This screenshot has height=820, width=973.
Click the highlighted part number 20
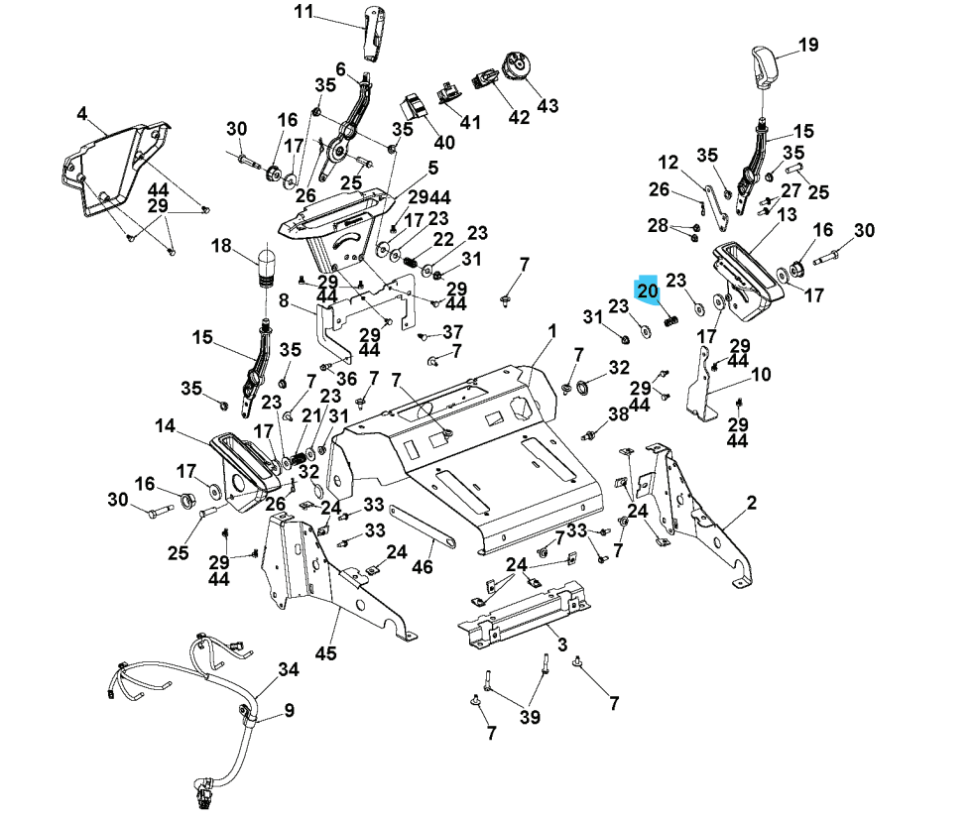tap(647, 292)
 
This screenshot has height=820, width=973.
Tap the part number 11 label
tap(304, 12)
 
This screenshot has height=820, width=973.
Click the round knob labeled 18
tap(265, 265)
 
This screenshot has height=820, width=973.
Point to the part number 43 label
tap(547, 105)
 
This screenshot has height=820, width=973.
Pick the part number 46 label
tap(423, 567)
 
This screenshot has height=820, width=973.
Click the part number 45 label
tap(326, 653)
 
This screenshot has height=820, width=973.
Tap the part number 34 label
tap(288, 669)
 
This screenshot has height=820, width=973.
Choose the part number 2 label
tap(752, 504)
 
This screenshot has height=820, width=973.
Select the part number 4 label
tap(82, 113)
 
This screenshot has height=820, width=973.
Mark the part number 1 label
tap(551, 330)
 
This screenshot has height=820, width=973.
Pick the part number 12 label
tap(668, 162)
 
